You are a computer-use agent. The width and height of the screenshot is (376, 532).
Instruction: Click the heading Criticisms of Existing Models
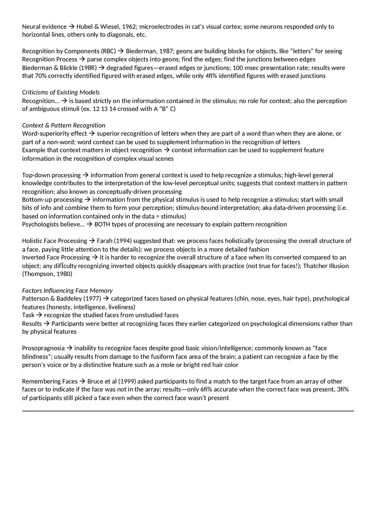point(61,92)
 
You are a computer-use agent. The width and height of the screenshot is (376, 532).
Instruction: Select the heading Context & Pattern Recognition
point(64,125)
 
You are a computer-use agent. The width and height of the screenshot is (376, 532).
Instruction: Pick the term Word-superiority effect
point(54,134)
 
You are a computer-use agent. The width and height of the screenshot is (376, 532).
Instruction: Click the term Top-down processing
point(51,175)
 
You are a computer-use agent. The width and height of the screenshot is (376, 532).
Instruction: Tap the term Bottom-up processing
point(52,200)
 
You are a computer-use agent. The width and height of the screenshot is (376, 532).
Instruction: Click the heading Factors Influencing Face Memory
point(67,291)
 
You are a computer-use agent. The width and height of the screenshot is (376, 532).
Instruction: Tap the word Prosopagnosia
point(43,348)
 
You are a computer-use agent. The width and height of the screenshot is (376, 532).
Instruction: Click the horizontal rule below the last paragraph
point(188,411)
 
